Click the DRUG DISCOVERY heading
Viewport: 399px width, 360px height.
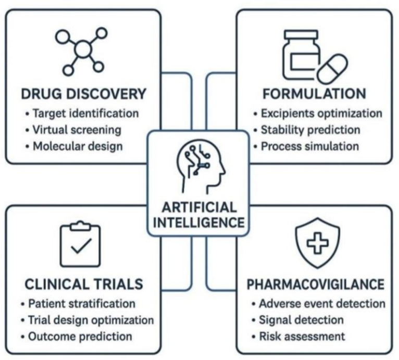[x=83, y=94]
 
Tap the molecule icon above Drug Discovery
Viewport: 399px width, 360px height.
[x=82, y=51]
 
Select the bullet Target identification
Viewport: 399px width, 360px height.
[x=85, y=113]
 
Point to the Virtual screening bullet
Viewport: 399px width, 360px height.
[x=77, y=129]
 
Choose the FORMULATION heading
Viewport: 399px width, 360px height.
[x=314, y=94]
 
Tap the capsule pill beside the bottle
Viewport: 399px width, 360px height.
[x=332, y=68]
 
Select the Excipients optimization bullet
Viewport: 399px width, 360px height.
[x=321, y=113]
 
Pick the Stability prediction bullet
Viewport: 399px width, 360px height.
[x=310, y=129]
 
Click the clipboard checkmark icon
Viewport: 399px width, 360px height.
[x=80, y=244]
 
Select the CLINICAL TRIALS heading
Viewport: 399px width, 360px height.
[x=83, y=284]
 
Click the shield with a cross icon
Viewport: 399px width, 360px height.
[x=317, y=243]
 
